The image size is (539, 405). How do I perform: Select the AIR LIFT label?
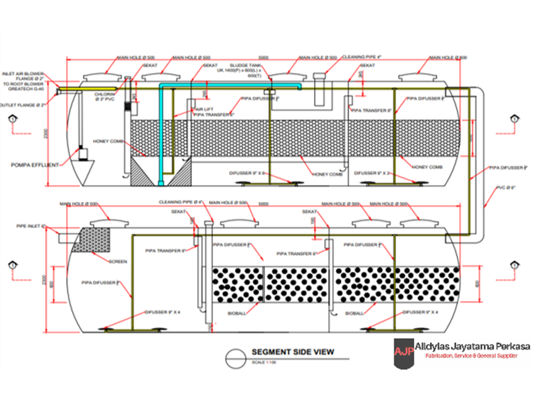pyautogui.click(x=204, y=109)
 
